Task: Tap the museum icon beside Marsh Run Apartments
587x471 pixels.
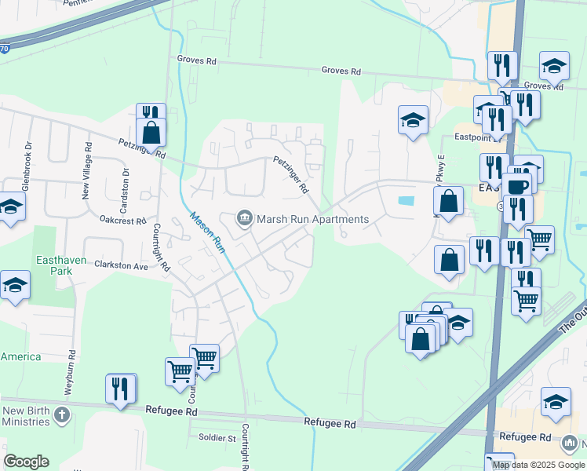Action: point(245,218)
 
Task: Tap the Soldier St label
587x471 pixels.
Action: point(217,437)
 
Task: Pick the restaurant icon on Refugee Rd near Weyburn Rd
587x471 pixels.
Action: point(120,389)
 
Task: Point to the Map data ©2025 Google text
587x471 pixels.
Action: point(538,465)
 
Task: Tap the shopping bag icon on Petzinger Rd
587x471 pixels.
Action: point(151,132)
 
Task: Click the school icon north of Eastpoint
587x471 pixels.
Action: point(413,120)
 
